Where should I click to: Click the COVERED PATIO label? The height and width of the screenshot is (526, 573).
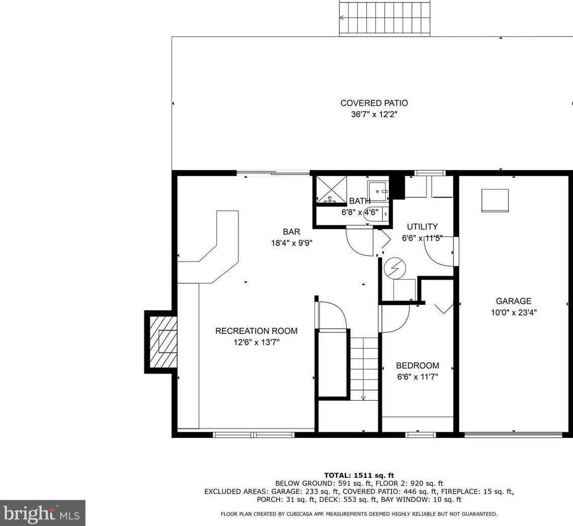coord(374,103)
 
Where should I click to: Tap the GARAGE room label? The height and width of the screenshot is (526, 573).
coord(514,301)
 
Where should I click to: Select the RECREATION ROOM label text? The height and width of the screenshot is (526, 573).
coord(256,331)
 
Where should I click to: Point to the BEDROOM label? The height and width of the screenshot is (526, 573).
coord(418,365)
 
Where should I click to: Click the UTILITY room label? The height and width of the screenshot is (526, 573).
coord(422,226)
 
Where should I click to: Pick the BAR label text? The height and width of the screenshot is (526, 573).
coord(291,232)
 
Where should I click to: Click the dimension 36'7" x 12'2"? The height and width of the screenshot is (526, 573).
coord(374,114)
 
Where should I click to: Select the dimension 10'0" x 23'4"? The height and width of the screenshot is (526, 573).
coord(514,312)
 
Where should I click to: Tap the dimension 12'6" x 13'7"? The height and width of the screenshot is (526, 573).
coord(256,342)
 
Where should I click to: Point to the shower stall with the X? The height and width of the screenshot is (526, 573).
coord(331,189)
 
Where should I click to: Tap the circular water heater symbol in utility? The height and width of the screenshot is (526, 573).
coord(395,269)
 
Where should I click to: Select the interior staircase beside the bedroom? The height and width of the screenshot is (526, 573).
coord(364,369)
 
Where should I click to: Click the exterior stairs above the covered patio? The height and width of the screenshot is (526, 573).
coord(385,18)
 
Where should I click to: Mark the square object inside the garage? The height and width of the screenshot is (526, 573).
coord(495,200)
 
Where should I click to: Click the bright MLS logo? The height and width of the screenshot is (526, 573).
coord(42,513)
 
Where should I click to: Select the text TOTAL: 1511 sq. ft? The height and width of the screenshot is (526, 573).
coord(359,475)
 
